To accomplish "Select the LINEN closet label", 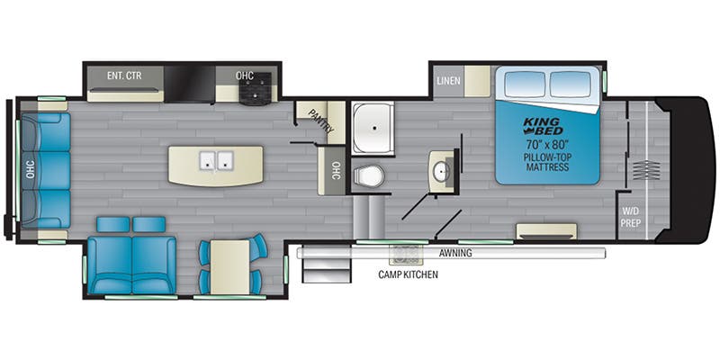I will tap(448, 81).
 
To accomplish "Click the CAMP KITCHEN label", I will tap(408, 274).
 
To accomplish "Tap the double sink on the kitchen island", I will tap(215, 162).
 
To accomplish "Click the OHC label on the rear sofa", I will tap(30, 169).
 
